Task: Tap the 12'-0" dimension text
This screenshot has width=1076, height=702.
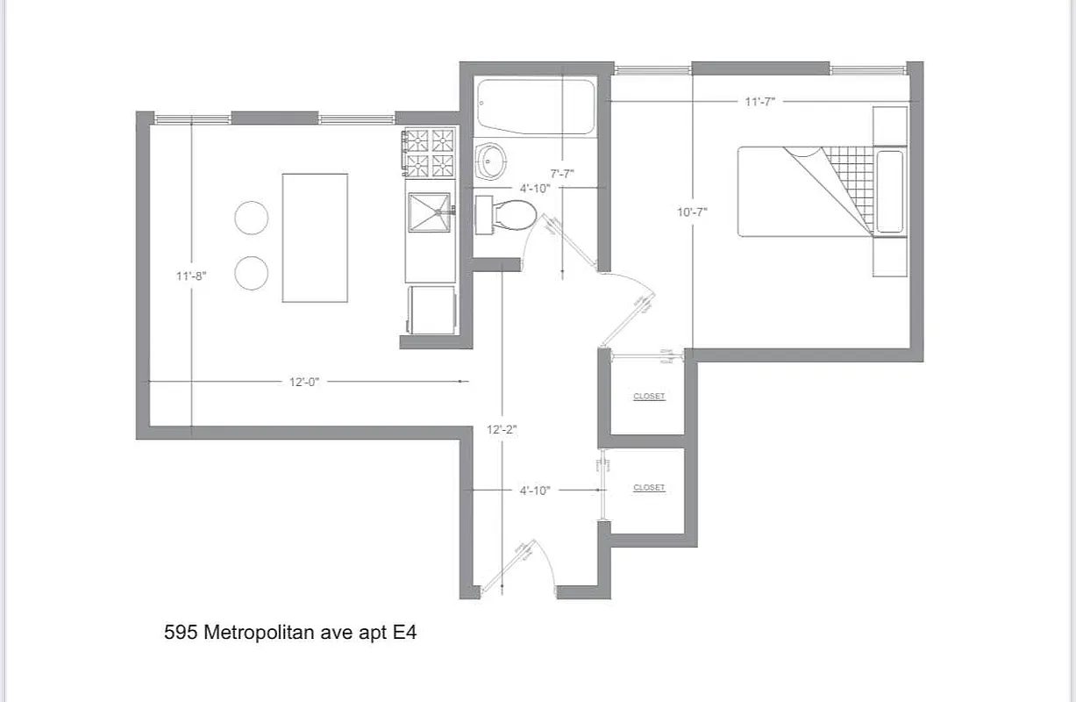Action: click(304, 383)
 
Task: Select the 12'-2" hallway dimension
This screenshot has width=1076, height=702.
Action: click(502, 430)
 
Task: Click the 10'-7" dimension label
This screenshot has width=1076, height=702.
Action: click(692, 211)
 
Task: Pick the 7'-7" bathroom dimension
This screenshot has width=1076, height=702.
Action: click(561, 174)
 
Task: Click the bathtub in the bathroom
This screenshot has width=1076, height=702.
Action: click(535, 106)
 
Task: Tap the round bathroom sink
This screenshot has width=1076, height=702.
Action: click(491, 161)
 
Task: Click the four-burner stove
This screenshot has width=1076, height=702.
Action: click(430, 152)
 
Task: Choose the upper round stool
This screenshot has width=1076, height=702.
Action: click(251, 218)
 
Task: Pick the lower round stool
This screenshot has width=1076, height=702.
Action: click(251, 273)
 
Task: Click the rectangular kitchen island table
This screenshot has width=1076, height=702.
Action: click(315, 238)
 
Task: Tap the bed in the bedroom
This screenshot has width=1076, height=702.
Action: click(807, 191)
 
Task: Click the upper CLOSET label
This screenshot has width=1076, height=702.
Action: click(649, 397)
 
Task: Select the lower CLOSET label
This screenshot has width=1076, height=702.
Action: click(649, 488)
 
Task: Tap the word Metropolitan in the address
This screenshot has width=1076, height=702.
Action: click(259, 632)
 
